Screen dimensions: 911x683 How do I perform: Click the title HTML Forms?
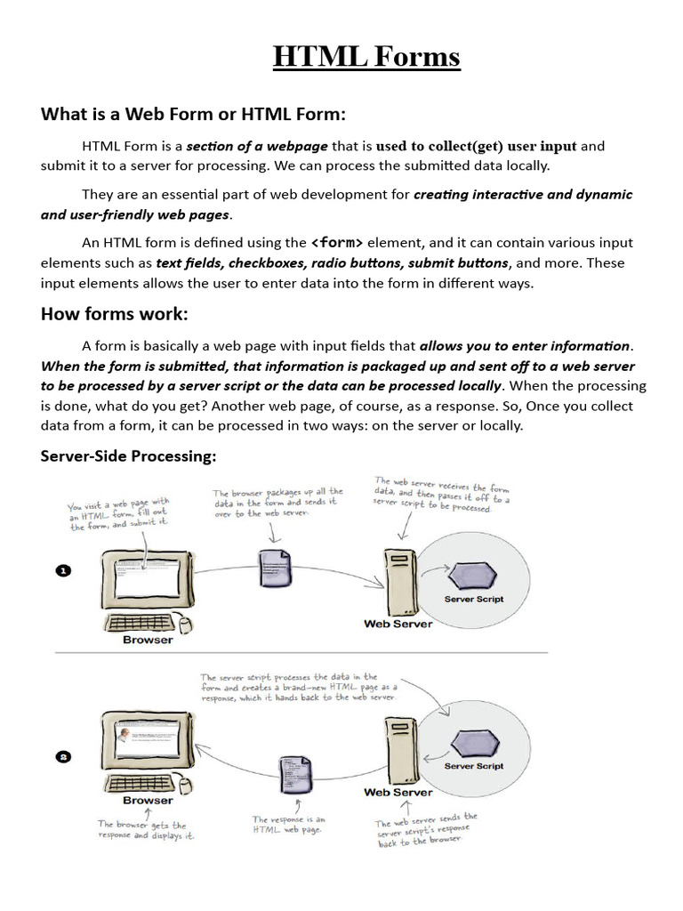pyautogui.click(x=366, y=57)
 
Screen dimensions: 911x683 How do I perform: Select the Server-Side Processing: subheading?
pyautogui.click(x=128, y=456)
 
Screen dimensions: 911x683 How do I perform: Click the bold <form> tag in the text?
pyautogui.click(x=336, y=242)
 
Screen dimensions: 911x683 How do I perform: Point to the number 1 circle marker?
pyautogui.click(x=63, y=571)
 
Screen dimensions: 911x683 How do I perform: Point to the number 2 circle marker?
pyautogui.click(x=63, y=757)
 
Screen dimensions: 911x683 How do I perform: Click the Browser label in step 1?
pyautogui.click(x=148, y=639)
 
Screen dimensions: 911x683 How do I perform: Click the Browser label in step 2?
pyautogui.click(x=148, y=800)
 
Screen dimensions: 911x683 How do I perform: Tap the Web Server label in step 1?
pyautogui.click(x=398, y=624)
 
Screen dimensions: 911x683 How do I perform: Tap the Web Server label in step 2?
pyautogui.click(x=398, y=792)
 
